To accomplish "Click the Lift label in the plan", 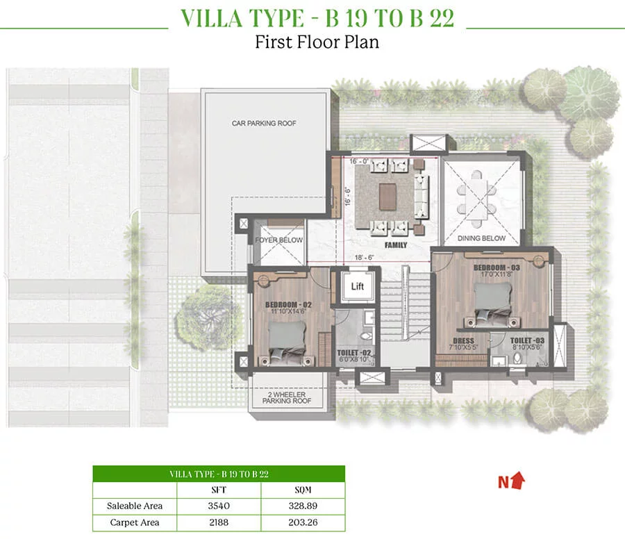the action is (357, 286).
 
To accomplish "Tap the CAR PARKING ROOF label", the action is (264, 124).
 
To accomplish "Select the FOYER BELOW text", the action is (279, 240).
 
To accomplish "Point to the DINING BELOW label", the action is (481, 238).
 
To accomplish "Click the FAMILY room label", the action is (396, 245).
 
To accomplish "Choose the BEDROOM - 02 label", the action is (289, 305).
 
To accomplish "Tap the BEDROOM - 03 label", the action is (497, 267).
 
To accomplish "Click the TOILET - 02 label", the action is (354, 353).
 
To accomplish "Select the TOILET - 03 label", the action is (527, 340).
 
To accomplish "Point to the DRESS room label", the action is (464, 340).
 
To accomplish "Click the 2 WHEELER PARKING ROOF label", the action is (287, 397).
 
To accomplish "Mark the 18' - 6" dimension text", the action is (365, 258).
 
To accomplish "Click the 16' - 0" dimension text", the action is (359, 161).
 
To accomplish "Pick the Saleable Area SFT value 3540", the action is (219, 506).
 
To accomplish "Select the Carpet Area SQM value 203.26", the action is (303, 522).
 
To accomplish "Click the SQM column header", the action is (303, 490).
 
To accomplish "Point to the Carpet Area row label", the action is (135, 522).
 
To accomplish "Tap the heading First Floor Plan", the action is (317, 42).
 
